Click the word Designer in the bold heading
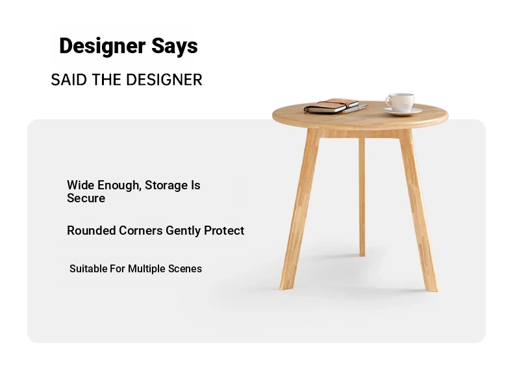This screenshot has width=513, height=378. point(102,46)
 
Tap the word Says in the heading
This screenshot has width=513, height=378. point(175,47)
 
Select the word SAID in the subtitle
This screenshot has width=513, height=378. point(69,80)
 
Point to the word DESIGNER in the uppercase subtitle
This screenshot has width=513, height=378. point(164,80)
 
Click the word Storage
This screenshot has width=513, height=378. point(166,185)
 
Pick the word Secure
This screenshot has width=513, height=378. point(86,198)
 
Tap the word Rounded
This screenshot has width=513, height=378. point(92,230)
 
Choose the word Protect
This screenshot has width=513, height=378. point(224,230)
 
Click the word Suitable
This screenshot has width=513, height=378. point(88,268)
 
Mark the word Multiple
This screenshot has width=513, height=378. point(147,269)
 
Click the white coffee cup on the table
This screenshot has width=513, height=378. point(400,102)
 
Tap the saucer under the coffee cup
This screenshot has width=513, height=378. point(402,112)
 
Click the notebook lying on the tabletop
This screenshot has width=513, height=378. point(331,106)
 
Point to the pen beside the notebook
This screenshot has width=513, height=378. point(355,109)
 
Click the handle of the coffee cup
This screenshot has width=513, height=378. point(388,101)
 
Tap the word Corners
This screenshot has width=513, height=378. point(141,230)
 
